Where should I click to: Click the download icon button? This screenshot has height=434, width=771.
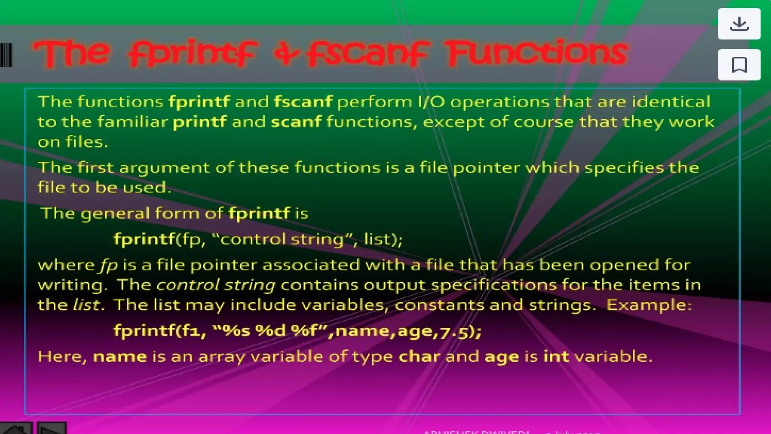click(x=739, y=24)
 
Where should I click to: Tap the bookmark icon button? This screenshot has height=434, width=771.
click(x=739, y=65)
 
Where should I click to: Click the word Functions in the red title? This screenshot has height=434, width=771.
click(x=536, y=53)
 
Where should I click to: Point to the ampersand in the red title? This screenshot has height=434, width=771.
click(x=287, y=55)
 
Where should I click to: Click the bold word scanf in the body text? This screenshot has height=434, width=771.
click(x=296, y=122)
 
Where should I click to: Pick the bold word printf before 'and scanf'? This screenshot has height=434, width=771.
click(x=200, y=122)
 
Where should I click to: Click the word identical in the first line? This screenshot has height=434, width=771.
click(x=671, y=102)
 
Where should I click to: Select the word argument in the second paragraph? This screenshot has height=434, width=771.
click(x=164, y=168)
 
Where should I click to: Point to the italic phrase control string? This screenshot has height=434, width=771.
click(x=216, y=285)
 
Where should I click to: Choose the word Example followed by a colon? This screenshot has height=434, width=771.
click(x=646, y=305)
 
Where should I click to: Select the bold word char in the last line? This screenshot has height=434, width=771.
click(x=419, y=356)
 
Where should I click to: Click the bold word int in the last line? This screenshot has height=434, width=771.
click(x=556, y=356)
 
